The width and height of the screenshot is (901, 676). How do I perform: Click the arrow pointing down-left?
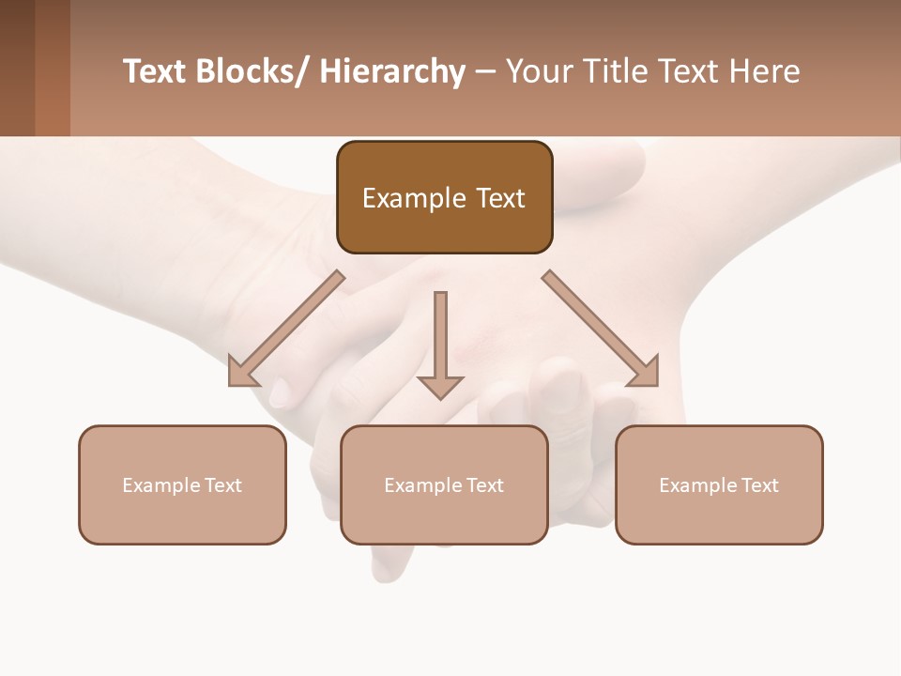[286, 329]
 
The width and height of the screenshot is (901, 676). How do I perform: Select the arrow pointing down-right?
[601, 329]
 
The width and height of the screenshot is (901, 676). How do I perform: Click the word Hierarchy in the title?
[392, 71]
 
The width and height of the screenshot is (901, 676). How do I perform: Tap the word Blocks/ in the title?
[252, 71]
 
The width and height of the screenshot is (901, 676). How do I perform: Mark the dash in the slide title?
[485, 71]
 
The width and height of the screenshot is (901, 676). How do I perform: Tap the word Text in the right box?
[758, 485]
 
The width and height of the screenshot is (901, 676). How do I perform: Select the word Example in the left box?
[160, 485]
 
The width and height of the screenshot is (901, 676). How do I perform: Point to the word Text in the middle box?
[483, 485]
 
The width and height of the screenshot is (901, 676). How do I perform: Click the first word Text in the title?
[155, 71]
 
